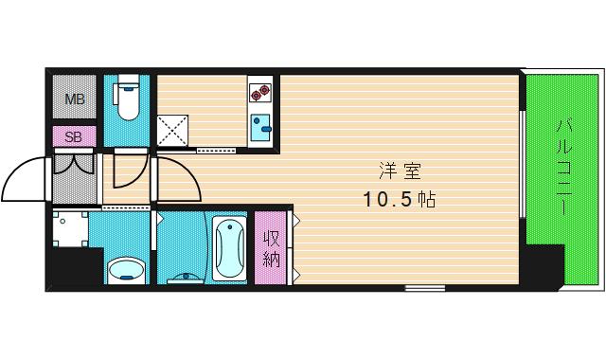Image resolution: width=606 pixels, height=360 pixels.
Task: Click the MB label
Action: coord(75,99)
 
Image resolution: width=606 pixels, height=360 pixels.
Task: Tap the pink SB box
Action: coord(74,136)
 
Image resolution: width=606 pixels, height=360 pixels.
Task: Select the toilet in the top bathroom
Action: coord(127,97)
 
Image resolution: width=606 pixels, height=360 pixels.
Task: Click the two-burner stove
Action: coord(259,93)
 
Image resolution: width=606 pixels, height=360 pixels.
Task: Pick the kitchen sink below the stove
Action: coord(260,128)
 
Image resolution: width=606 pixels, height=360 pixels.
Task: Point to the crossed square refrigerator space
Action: coord(172,131)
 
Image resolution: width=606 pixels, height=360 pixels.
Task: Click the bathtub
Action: coord(229,248)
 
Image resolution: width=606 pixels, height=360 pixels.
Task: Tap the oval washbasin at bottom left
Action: coord(126,271)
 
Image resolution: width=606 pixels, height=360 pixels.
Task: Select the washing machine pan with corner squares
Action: coord(70,229)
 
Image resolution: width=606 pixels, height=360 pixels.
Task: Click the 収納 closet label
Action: coord(272,249)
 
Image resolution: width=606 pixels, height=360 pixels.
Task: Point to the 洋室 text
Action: coord(400,171)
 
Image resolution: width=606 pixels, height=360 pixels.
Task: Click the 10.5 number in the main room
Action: coord(388,200)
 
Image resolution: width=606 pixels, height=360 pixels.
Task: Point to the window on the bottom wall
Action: coord(425,288)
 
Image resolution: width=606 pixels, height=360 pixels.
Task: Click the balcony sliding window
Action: coord(522,164)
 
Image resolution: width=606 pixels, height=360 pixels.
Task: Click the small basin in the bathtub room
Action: coord(187,279)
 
